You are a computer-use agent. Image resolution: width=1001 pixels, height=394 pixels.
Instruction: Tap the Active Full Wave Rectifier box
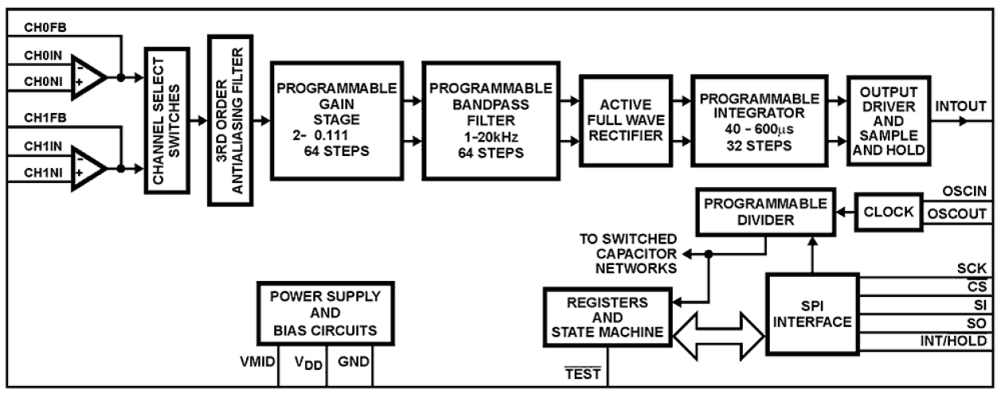tap(621, 119)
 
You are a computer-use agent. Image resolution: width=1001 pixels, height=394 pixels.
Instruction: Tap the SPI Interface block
tap(812, 314)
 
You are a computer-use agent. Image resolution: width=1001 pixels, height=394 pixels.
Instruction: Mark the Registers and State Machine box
tap(606, 317)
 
